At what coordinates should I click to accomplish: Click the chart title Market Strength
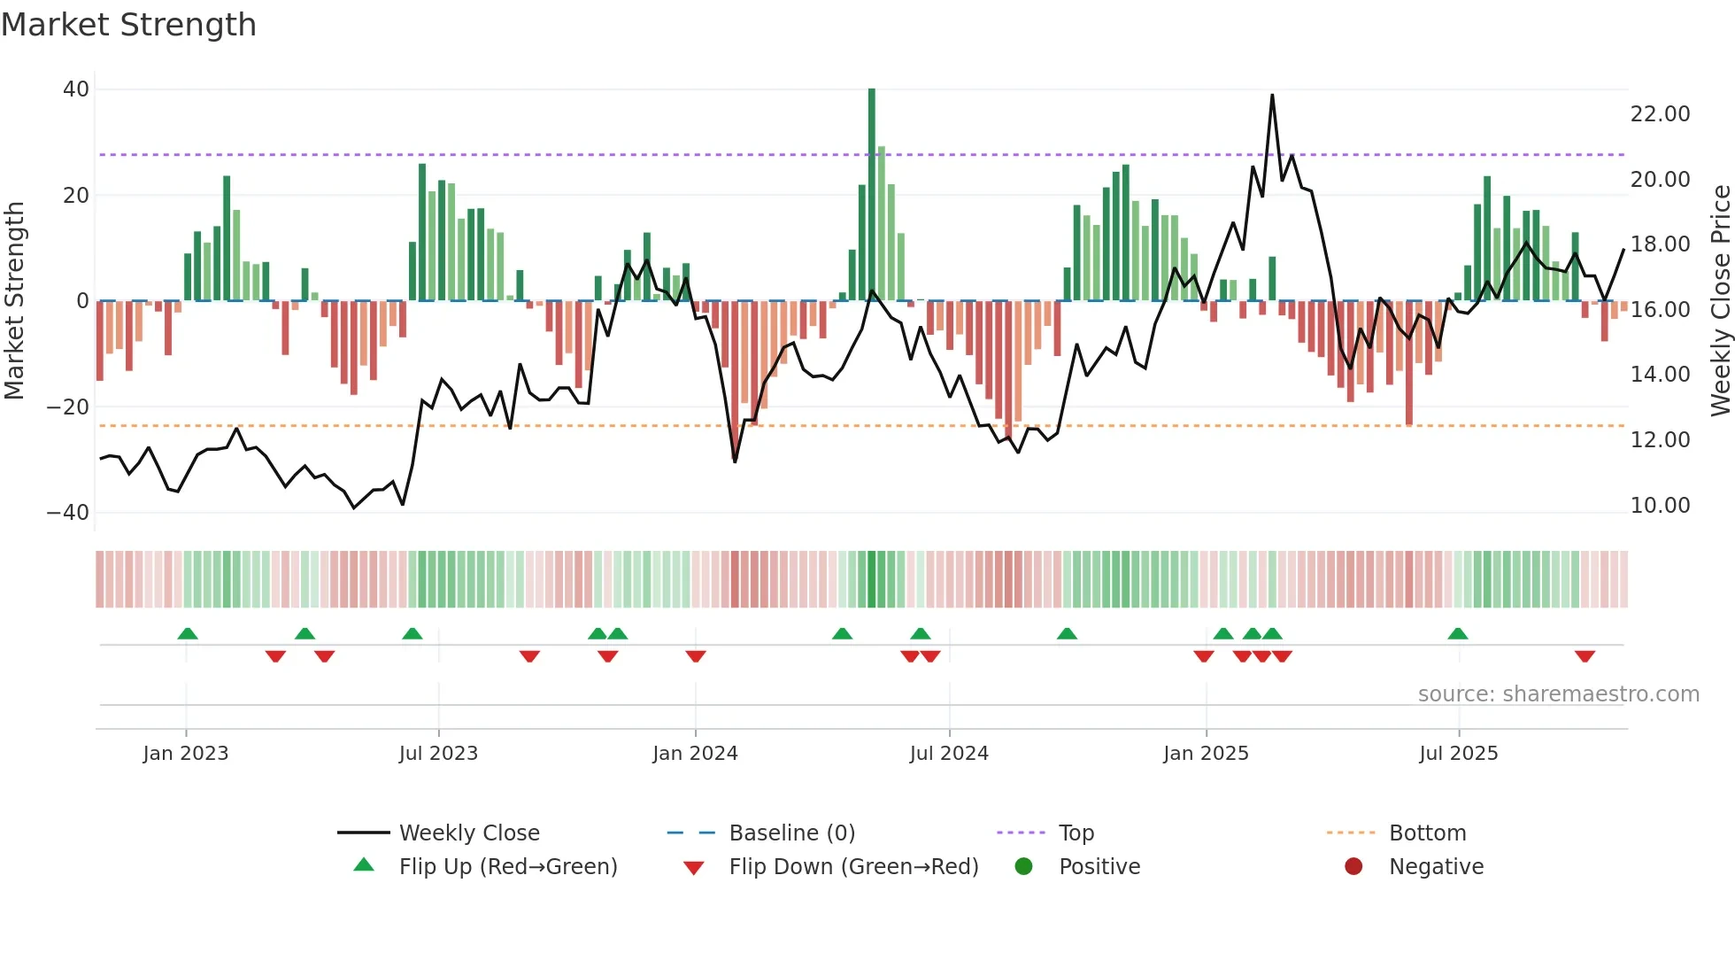pos(129,25)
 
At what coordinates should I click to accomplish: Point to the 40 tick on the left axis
pos(76,89)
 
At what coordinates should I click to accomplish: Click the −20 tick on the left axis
pos(68,407)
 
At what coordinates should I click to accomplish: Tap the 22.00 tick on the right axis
pos(1660,114)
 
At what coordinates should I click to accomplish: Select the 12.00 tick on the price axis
pos(1660,440)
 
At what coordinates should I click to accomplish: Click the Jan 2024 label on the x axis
pos(695,754)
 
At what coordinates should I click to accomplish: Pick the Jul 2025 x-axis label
pos(1458,754)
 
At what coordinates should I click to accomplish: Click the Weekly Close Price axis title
pos(1720,301)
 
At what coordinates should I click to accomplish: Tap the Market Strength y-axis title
pos(15,301)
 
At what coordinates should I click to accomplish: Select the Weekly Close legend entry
pos(468,833)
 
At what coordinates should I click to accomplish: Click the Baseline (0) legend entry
pos(791,833)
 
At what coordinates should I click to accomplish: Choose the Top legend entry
pos(1076,833)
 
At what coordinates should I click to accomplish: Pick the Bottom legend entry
pos(1427,833)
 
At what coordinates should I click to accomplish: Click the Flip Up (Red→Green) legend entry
pos(507,867)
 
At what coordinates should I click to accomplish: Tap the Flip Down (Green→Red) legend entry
pos(853,867)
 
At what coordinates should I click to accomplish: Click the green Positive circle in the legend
pos(1024,867)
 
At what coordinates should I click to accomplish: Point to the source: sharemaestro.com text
pos(1558,694)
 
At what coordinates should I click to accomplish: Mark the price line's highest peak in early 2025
pos(1272,96)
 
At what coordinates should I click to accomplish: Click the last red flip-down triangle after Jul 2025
pos(1585,656)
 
